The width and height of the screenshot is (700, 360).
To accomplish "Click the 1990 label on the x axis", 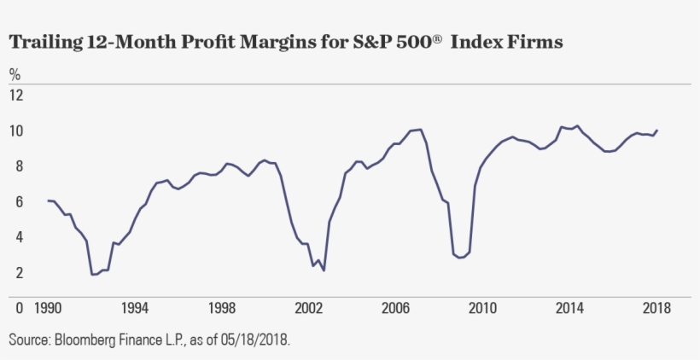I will (47, 308).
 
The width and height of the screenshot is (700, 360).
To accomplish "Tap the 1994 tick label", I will (134, 308).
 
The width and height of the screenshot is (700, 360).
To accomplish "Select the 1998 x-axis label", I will (221, 308).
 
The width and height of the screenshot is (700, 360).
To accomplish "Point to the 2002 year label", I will (308, 308).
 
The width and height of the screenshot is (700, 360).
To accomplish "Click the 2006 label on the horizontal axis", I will (395, 308).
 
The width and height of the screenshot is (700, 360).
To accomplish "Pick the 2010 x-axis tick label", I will (482, 308).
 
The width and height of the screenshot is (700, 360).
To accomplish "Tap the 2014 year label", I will (569, 308).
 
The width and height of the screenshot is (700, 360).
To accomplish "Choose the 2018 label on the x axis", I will (656, 308).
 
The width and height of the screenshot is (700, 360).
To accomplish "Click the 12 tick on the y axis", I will (17, 94).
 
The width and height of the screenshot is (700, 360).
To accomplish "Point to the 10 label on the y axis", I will (17, 130).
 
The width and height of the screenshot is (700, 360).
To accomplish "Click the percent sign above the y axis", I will (15, 73).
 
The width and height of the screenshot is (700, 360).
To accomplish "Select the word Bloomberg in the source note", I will (90, 340).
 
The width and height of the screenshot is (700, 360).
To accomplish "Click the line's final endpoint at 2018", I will (657, 130).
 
